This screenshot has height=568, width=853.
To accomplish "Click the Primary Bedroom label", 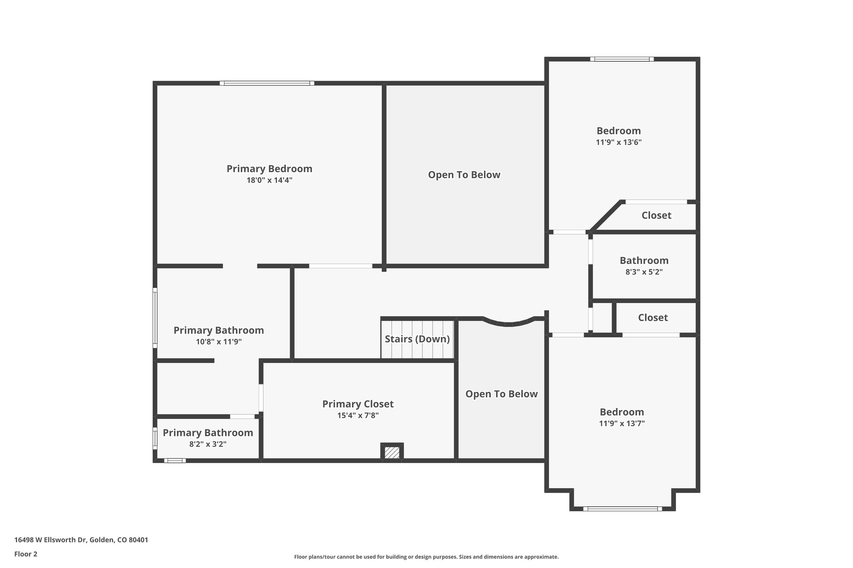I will [269, 169].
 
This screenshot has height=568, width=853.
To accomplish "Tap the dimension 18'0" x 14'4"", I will [269, 180].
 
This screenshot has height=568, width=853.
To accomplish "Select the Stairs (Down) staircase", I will [417, 339].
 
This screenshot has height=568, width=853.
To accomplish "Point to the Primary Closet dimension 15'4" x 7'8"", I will [358, 415].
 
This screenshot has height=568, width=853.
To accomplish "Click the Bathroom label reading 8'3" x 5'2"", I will [643, 272].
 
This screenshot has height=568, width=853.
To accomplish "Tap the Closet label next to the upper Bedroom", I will [656, 215].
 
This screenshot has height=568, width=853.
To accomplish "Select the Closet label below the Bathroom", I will [653, 317].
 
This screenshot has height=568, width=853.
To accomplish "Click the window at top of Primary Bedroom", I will [267, 83].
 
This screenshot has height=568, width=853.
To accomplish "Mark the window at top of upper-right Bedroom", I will [621, 59].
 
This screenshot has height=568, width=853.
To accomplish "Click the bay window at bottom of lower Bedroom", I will [622, 508].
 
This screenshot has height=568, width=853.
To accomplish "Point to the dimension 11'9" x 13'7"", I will [622, 424].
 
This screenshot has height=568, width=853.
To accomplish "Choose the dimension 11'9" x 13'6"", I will [619, 142].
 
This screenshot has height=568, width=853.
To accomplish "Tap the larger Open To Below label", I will [464, 175].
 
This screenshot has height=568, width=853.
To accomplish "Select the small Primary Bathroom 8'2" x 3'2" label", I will [208, 433].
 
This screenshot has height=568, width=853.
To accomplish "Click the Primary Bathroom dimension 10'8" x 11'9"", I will [219, 342].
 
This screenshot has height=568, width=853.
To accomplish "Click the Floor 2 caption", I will [26, 554].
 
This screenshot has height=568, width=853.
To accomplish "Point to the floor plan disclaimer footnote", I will [426, 557].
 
